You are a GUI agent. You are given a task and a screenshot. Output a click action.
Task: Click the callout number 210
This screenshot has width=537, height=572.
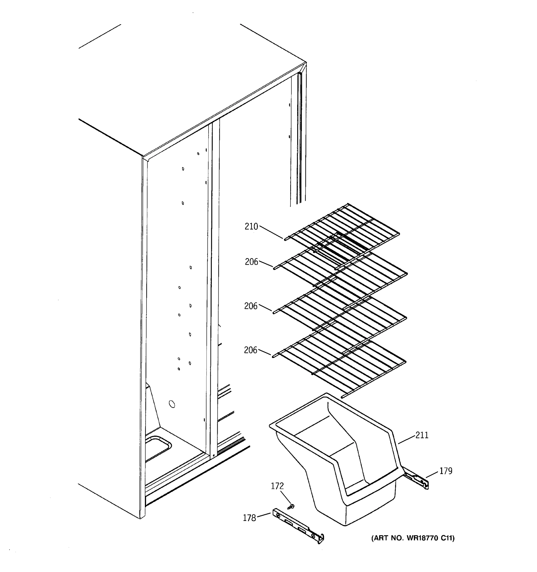tap(251, 227)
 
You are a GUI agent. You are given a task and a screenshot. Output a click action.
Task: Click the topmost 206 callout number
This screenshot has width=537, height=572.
tap(252, 262)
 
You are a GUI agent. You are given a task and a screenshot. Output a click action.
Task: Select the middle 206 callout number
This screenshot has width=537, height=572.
tap(251, 306)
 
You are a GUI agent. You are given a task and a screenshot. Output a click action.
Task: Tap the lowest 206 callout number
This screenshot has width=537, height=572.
tap(250, 350)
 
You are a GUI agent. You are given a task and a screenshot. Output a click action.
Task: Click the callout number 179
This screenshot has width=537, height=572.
tap(446, 471)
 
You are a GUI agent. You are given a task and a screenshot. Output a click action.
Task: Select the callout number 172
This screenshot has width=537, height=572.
tap(277, 486)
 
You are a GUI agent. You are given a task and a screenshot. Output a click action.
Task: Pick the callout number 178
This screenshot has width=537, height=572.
tap(249, 518)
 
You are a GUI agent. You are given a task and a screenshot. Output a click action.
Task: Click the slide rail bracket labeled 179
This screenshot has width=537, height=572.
tap(416, 480)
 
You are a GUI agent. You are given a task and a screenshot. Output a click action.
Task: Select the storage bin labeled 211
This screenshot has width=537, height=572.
tap(340, 466)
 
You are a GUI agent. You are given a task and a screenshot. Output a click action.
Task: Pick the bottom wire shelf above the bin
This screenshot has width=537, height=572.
tap(340, 365)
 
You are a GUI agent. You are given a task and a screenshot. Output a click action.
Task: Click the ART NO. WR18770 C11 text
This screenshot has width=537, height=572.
tap(413, 538)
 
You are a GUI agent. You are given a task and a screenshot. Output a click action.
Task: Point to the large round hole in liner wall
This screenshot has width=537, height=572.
tap(172, 404)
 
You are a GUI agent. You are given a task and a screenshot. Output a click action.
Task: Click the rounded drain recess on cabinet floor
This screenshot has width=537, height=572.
tap(157, 447)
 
